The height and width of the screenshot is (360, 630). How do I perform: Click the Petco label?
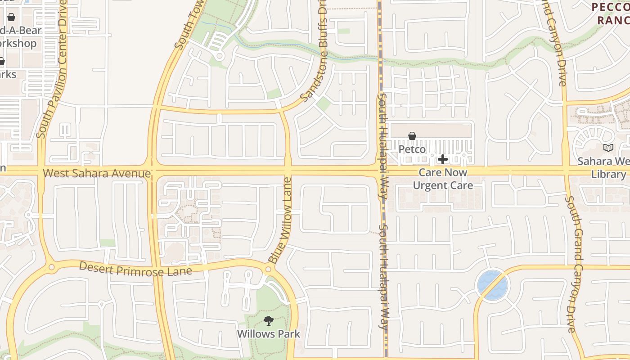click(x=412, y=149)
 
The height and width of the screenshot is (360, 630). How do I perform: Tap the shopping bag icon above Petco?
click(x=412, y=136)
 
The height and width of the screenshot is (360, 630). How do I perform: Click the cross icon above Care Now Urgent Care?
click(x=443, y=159)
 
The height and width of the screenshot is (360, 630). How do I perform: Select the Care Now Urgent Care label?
click(x=443, y=179)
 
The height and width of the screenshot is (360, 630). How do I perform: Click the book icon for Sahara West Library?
click(x=608, y=148)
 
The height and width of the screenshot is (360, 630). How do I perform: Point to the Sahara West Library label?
click(x=603, y=167)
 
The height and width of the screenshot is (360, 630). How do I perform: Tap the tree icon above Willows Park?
click(x=269, y=321)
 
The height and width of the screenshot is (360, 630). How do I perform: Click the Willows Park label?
click(x=269, y=334)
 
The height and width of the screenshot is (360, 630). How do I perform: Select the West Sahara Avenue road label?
click(x=97, y=173)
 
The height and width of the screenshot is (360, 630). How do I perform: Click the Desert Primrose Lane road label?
click(x=135, y=269)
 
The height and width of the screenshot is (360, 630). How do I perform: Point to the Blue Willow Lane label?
click(x=281, y=220)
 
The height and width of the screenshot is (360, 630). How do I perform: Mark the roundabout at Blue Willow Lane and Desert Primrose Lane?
click(x=269, y=269)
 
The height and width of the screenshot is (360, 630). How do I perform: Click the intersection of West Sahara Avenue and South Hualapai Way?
click(x=381, y=171)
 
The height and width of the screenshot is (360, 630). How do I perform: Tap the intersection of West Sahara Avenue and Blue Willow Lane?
click(x=288, y=171)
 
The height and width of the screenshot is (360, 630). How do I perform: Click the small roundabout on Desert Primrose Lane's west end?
click(x=51, y=267)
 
